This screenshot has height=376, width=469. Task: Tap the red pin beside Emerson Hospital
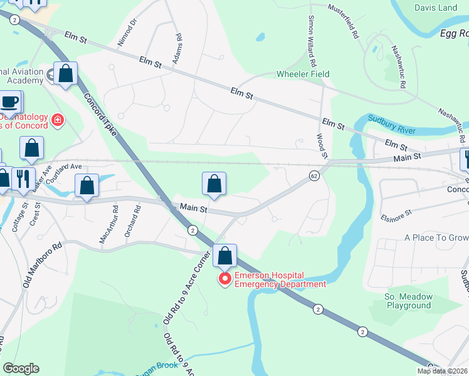click(224, 279)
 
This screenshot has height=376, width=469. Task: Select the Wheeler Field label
click(303, 74)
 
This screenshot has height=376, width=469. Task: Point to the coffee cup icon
click(9, 102)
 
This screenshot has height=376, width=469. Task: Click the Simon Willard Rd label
click(310, 38)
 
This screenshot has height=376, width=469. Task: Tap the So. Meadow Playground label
click(408, 301)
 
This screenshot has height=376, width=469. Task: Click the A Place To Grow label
click(436, 238)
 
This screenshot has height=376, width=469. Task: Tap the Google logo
click(21, 368)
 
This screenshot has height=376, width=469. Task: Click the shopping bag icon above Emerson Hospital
click(224, 256)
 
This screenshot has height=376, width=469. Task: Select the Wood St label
click(322, 145)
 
